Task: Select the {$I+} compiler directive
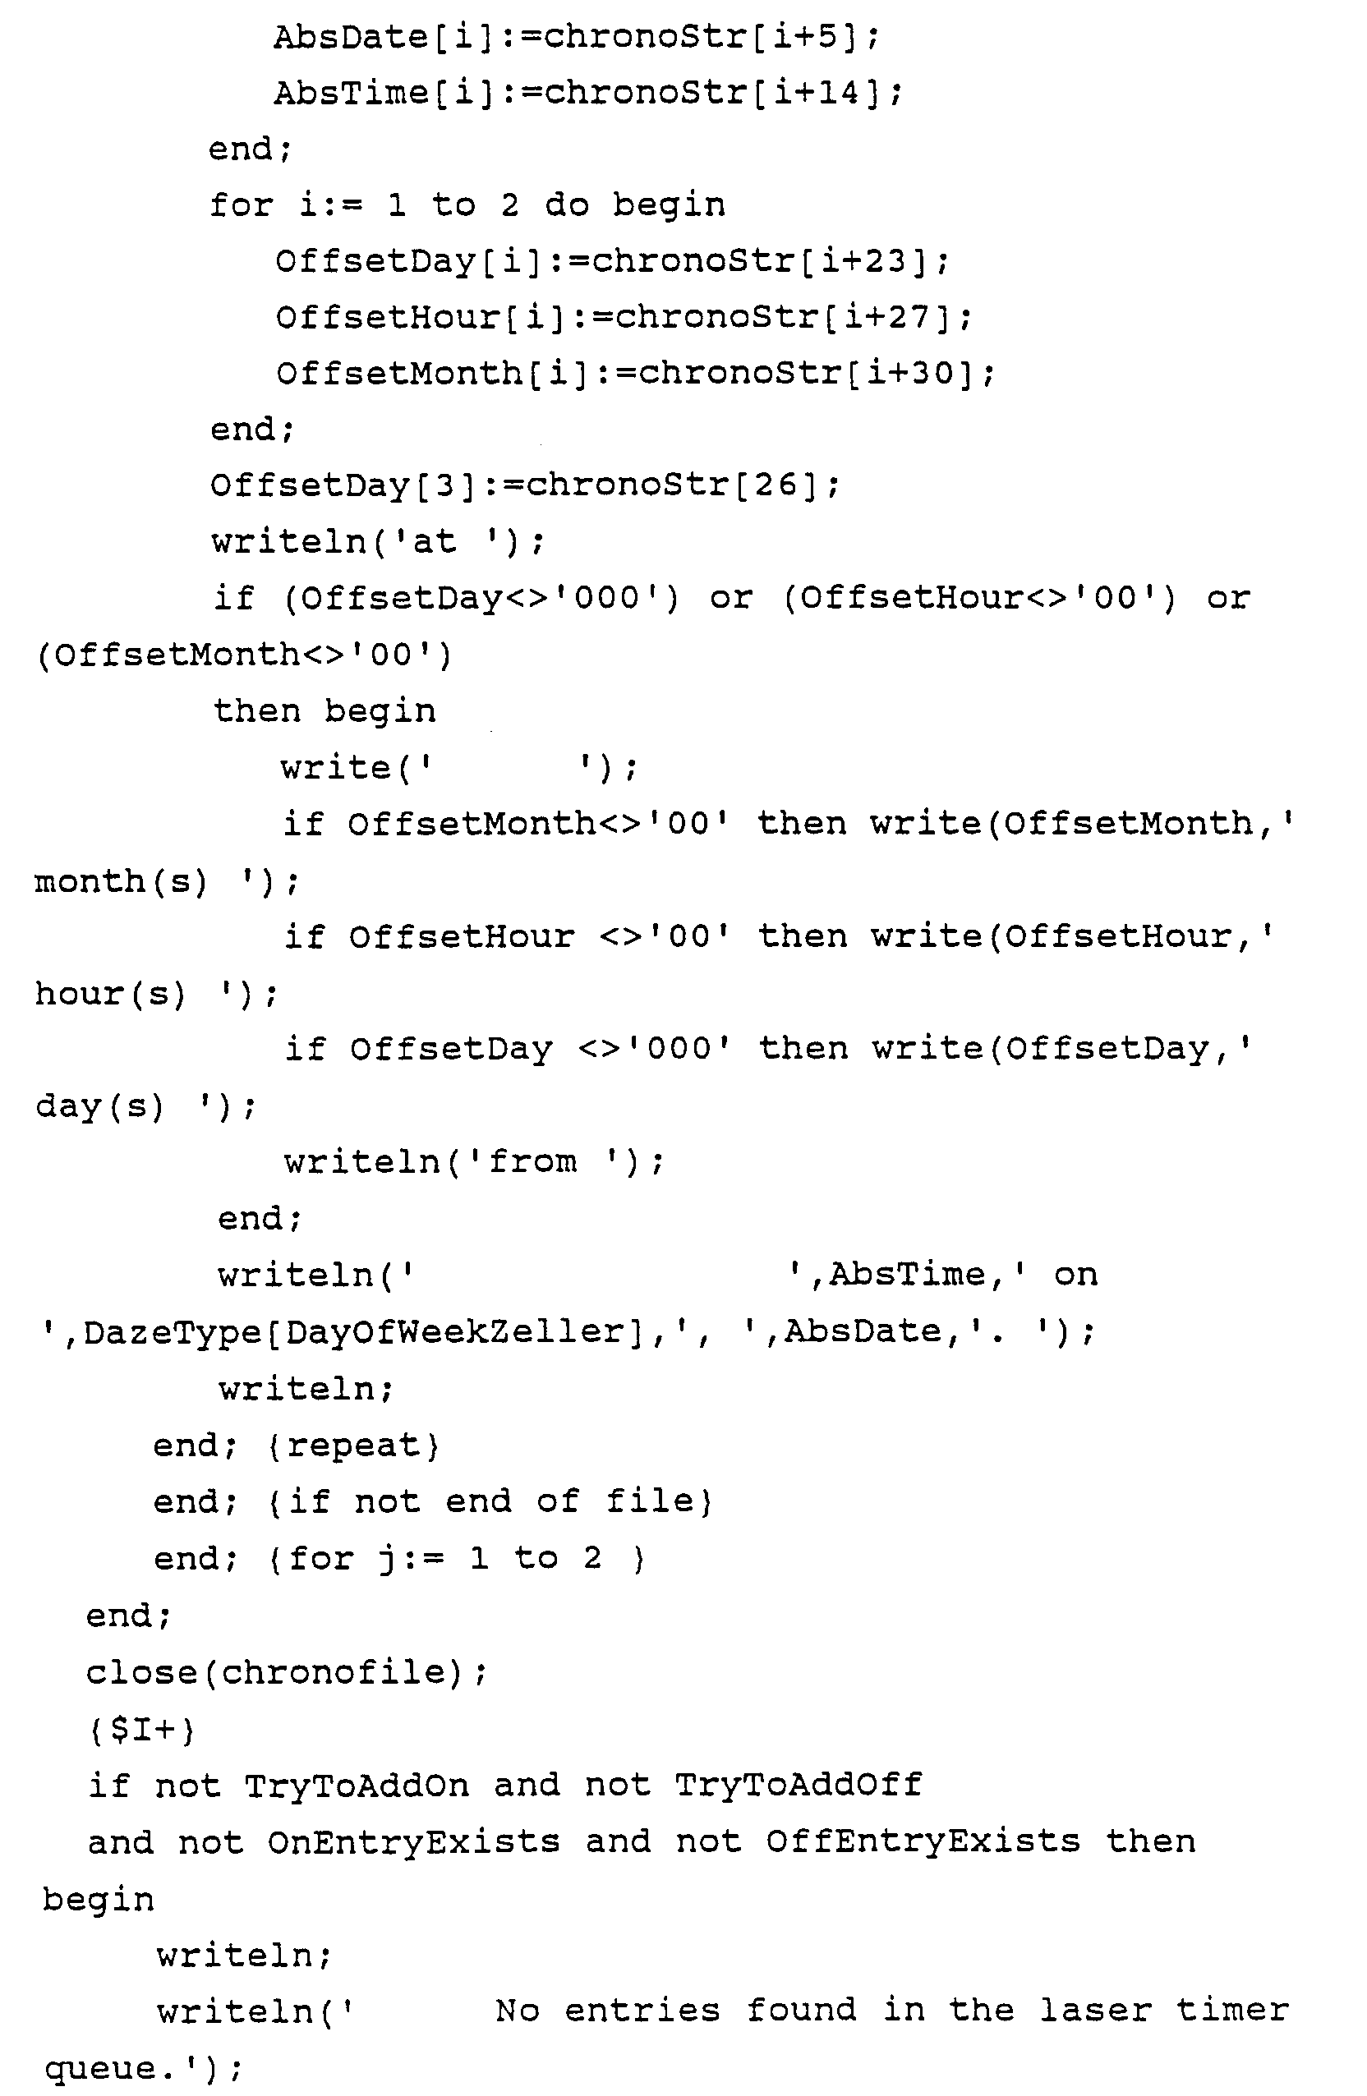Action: click(x=141, y=1731)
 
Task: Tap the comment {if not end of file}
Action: click(x=490, y=1502)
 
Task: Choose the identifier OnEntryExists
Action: click(x=413, y=1842)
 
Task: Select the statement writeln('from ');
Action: click(x=474, y=1162)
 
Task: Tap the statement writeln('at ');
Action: click(x=379, y=541)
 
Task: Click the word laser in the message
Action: click(x=1095, y=2011)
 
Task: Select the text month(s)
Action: click(x=121, y=880)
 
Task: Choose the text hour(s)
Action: click(x=110, y=995)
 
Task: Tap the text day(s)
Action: click(x=99, y=1106)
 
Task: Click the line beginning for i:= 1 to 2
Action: click(x=467, y=205)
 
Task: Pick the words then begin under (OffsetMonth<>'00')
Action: click(x=324, y=710)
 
